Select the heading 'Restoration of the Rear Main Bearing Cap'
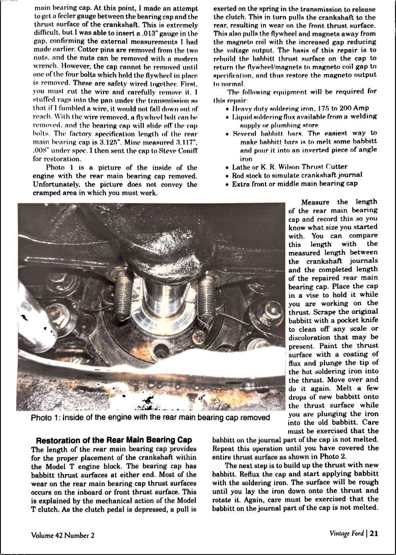coord(114,440)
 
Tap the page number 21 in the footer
coord(374,533)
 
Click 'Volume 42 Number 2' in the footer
coord(63,535)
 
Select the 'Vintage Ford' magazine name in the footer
coord(347,533)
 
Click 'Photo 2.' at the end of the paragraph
coord(334,457)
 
